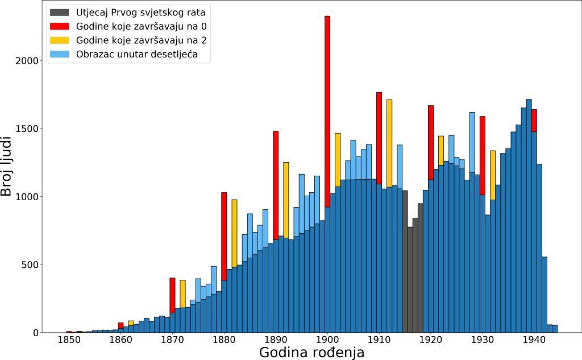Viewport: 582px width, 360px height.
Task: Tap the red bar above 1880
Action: click(224, 236)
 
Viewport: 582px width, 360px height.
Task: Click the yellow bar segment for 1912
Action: click(389, 142)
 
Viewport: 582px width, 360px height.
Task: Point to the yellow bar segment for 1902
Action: click(338, 159)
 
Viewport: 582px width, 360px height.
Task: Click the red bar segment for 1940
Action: click(534, 120)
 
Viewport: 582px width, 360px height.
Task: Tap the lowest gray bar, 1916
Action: click(410, 279)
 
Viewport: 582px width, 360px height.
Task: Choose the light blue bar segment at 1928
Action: click(472, 142)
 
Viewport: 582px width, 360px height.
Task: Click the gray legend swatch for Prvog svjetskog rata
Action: click(59, 12)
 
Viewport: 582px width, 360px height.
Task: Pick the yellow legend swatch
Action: click(59, 40)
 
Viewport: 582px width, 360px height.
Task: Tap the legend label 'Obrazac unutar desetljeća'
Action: click(136, 55)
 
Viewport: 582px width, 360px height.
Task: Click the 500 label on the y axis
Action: click(30, 265)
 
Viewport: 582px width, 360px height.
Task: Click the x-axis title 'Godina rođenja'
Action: click(311, 353)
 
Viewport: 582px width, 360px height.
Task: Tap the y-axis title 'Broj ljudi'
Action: click(7, 166)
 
